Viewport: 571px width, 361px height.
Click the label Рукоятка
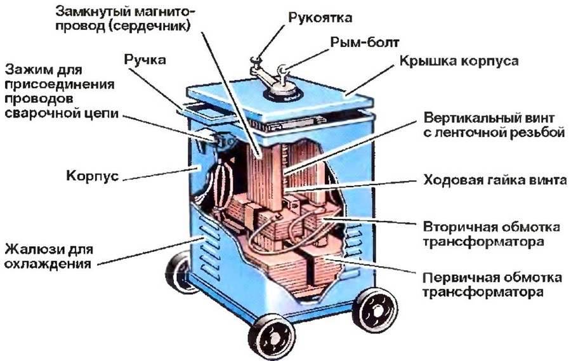pyautogui.click(x=320, y=17)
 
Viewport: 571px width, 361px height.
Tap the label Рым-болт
pyautogui.click(x=365, y=43)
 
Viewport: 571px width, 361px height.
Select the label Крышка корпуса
pyautogui.click(x=459, y=60)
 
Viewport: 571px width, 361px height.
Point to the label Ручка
pyautogui.click(x=145, y=60)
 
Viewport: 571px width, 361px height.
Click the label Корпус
pyautogui.click(x=93, y=176)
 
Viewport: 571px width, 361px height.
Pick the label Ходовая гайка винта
pyautogui.click(x=495, y=180)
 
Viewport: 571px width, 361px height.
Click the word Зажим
pyautogui.click(x=24, y=70)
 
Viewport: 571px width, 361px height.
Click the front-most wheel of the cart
pyautogui.click(x=272, y=338)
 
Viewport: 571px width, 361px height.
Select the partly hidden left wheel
pyautogui.click(x=177, y=272)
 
